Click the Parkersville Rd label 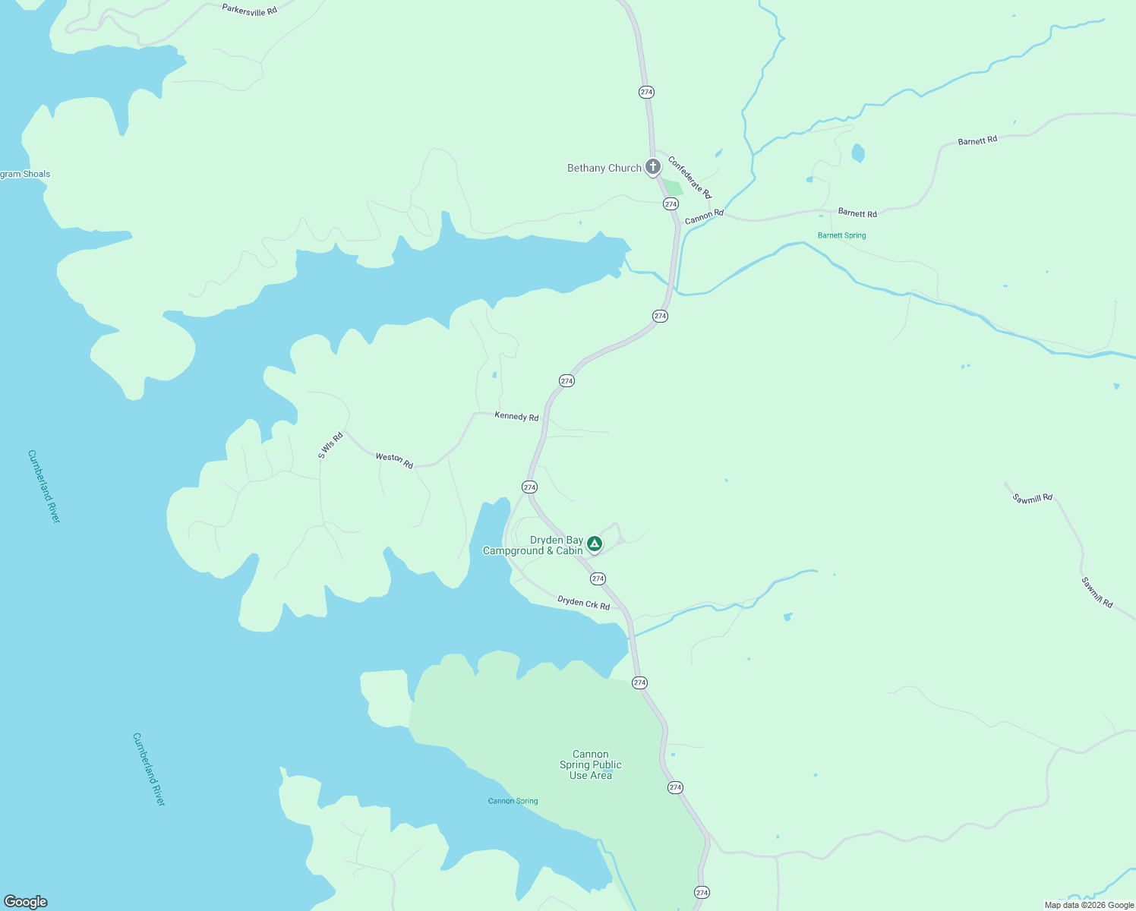(x=249, y=11)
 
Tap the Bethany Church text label (x=604, y=169)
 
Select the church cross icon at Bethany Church (x=652, y=167)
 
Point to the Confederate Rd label (x=689, y=177)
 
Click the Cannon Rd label (x=704, y=217)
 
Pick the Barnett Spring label (x=841, y=235)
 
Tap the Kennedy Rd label (x=516, y=416)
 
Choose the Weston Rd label (x=394, y=460)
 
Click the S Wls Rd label (x=330, y=446)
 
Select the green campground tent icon (x=595, y=544)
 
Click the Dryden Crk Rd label (x=583, y=603)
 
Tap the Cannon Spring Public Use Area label (x=590, y=764)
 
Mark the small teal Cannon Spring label (x=513, y=801)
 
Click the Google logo (x=26, y=902)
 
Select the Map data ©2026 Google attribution (x=1089, y=905)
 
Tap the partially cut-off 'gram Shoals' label (x=25, y=174)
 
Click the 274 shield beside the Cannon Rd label (x=671, y=204)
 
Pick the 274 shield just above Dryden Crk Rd (x=598, y=578)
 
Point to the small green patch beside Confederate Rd (x=673, y=188)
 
